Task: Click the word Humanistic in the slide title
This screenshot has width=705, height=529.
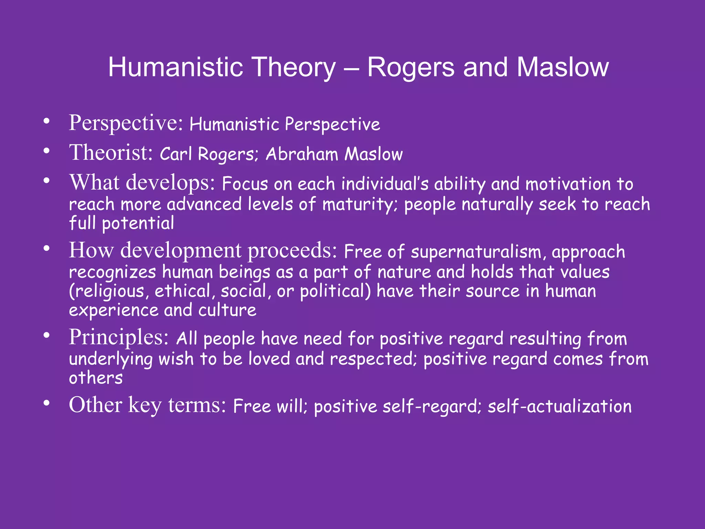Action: coord(176,67)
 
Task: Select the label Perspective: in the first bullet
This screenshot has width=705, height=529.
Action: coord(126,123)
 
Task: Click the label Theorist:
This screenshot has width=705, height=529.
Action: coord(111,153)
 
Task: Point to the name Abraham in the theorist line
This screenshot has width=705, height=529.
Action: coord(302,154)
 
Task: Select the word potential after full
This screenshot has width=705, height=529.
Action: coord(138,224)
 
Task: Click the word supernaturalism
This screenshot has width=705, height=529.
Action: coord(478,252)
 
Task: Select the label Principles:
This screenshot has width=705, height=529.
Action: coord(119,338)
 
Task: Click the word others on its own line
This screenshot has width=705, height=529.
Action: coord(96,378)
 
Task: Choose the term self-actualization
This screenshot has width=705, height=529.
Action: coord(559,406)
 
